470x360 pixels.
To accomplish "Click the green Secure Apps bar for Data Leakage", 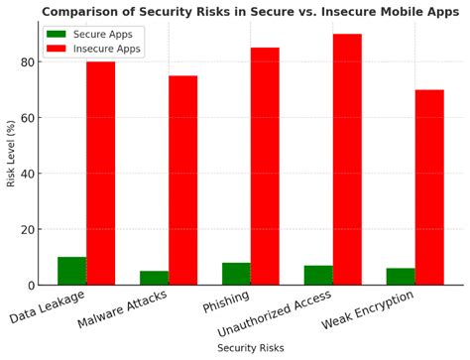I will pyautogui.click(x=71, y=271).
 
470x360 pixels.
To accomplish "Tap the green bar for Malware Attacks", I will pyautogui.click(x=154, y=278).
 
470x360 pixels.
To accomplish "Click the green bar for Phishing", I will pyautogui.click(x=236, y=274).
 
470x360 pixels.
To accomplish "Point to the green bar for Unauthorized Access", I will pyautogui.click(x=318, y=275).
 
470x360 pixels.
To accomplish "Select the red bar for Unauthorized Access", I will pyautogui.click(x=347, y=160).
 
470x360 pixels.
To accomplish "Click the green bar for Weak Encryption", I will pyautogui.click(x=401, y=277).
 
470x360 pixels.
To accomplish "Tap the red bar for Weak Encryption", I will pyautogui.click(x=429, y=187).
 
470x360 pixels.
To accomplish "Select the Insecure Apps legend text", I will pyautogui.click(x=108, y=48).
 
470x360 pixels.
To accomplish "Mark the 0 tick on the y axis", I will pyautogui.click(x=30, y=286).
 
